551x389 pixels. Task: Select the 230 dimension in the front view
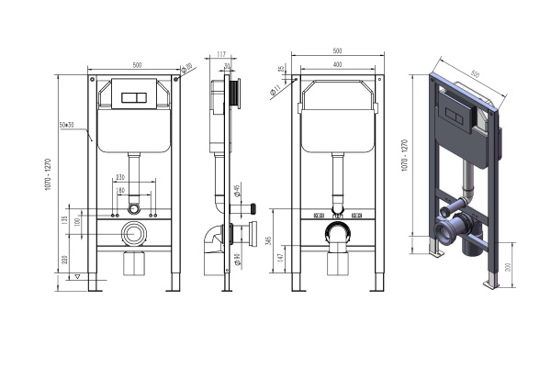134,178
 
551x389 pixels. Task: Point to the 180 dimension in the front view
134,191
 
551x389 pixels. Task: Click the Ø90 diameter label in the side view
237,261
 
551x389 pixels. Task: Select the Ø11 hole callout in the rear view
275,91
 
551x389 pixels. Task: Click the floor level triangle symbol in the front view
78,275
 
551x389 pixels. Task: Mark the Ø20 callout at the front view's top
188,66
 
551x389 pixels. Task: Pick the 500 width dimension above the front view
136,64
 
